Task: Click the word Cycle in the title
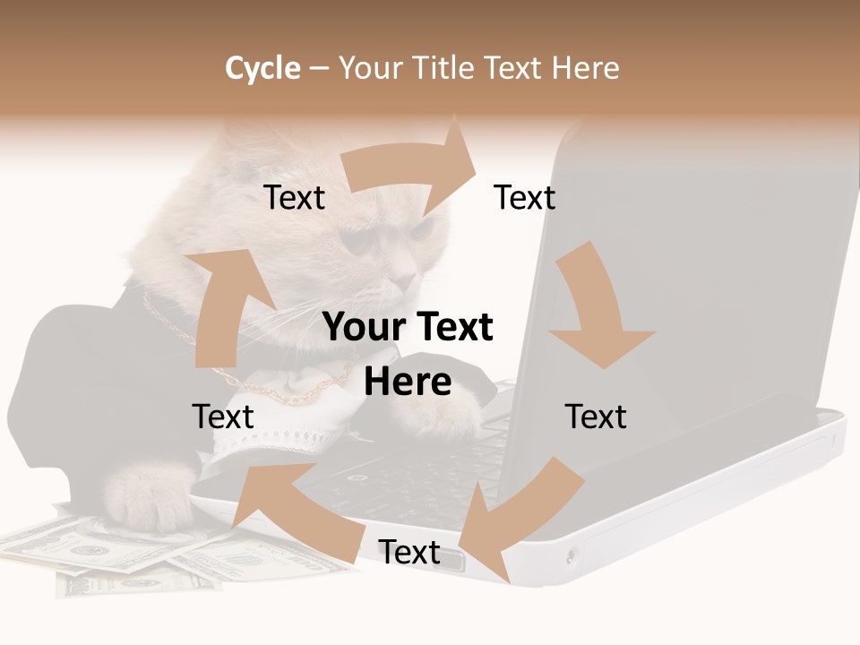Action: click(x=262, y=68)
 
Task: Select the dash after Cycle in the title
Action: click(x=319, y=68)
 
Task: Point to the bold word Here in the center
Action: click(x=408, y=382)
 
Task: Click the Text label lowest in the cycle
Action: click(x=408, y=552)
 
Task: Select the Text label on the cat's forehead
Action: click(x=294, y=197)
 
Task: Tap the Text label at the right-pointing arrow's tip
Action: click(x=524, y=197)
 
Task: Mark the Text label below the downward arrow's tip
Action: click(x=596, y=417)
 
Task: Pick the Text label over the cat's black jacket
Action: click(x=223, y=417)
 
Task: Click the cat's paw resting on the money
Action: click(x=143, y=497)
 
